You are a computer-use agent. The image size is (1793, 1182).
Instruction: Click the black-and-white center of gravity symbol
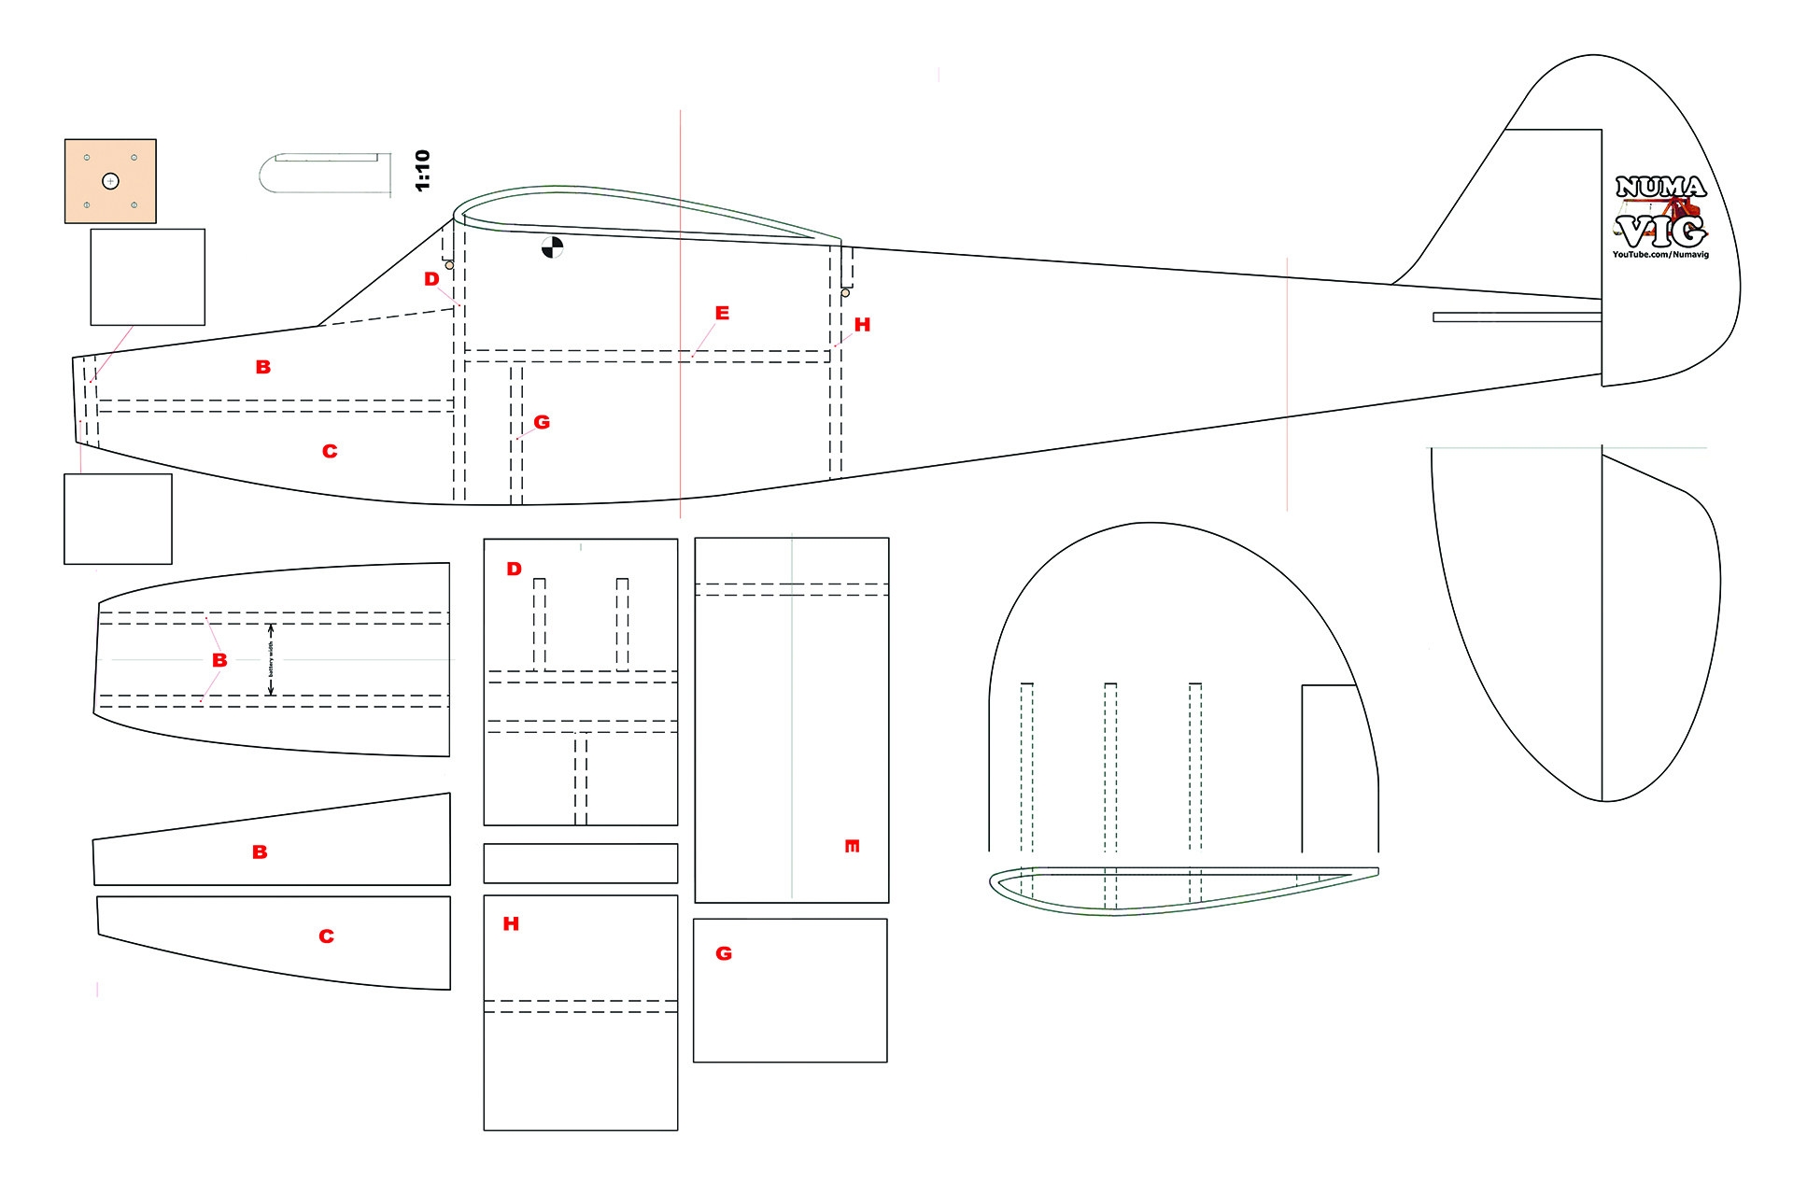click(552, 247)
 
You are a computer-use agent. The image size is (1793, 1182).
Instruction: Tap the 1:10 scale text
click(422, 170)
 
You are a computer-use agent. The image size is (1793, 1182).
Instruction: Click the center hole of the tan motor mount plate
click(110, 181)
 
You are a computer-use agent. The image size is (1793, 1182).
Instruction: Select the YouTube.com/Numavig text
click(1660, 254)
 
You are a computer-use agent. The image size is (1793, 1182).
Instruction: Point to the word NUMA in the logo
click(1660, 187)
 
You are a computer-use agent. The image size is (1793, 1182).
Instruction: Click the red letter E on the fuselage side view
click(722, 313)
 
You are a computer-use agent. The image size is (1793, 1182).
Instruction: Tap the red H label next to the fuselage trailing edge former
click(862, 325)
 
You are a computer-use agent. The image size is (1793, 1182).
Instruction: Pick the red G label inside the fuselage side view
click(542, 422)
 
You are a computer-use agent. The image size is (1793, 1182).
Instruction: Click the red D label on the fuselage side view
click(431, 279)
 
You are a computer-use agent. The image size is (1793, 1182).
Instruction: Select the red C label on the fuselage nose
click(330, 451)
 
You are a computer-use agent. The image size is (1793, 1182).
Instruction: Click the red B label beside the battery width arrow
click(219, 660)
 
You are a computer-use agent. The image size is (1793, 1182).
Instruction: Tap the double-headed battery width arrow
click(271, 659)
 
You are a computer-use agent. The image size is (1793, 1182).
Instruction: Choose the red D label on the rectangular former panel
click(514, 569)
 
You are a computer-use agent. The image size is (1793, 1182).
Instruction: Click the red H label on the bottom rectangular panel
click(511, 923)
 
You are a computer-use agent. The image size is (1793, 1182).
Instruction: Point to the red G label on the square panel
click(724, 953)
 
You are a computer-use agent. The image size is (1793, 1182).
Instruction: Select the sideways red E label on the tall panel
click(852, 846)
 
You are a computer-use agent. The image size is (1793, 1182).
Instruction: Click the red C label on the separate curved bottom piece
click(326, 936)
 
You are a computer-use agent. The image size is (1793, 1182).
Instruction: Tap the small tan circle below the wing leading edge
click(449, 265)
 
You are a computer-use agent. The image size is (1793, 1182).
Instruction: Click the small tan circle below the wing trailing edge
click(845, 293)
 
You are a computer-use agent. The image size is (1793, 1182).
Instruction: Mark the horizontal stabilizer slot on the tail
click(1517, 317)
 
